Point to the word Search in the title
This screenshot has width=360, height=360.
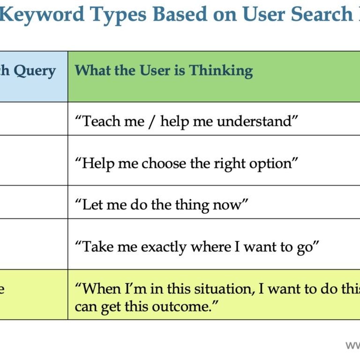click(x=322, y=14)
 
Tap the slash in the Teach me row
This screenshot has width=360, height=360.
click(x=152, y=122)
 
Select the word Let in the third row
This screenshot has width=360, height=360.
click(x=92, y=204)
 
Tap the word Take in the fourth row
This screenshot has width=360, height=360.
click(x=97, y=247)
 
